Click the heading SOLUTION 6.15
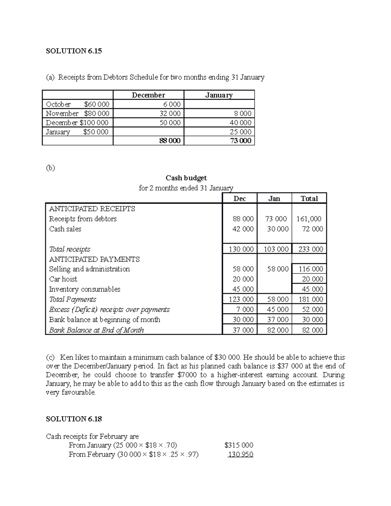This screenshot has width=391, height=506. tap(74, 51)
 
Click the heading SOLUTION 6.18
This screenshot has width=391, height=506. tap(74, 419)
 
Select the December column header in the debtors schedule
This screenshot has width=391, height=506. tap(148, 95)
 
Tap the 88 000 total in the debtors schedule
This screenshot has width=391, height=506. tap(170, 141)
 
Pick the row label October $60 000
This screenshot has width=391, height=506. tap(78, 104)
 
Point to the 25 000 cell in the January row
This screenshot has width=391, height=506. tap(240, 132)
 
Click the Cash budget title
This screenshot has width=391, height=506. tap(186, 178)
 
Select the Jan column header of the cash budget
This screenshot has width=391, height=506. tap(274, 198)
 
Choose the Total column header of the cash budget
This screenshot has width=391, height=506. tap(309, 198)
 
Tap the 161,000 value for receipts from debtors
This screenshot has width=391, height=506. tap(309, 219)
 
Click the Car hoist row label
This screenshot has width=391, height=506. tap(63, 279)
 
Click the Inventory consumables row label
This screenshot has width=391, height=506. tap(85, 289)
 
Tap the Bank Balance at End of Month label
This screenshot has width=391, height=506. tap(96, 330)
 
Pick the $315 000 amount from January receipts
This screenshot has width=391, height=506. tap(239, 445)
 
